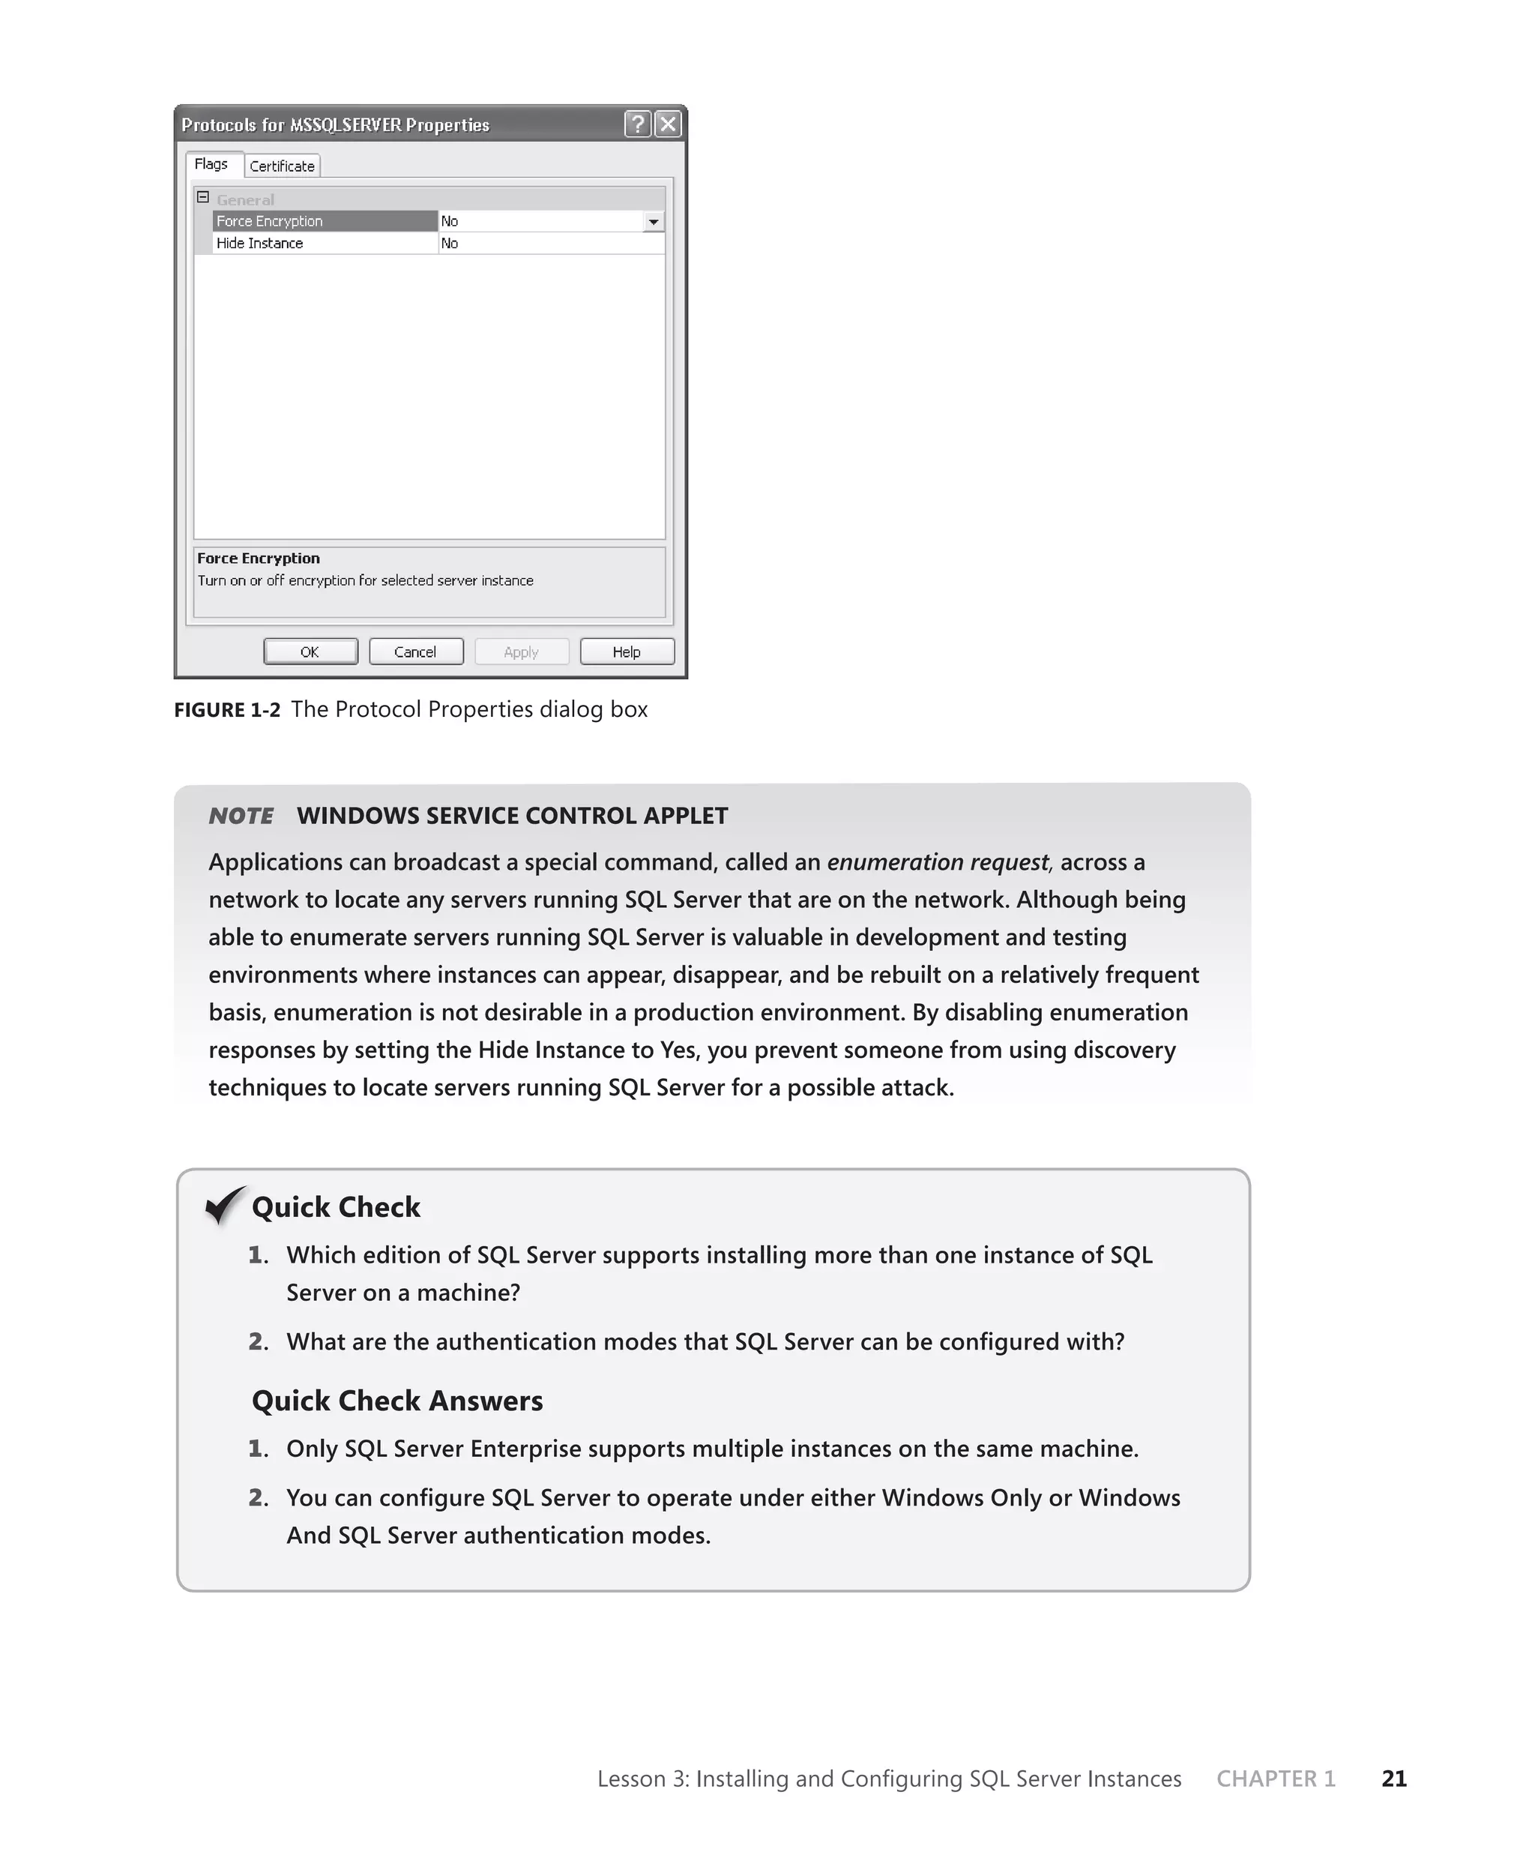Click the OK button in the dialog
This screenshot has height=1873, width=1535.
click(x=310, y=652)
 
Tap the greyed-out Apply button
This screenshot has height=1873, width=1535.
click(x=521, y=652)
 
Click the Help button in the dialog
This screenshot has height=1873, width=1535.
click(x=627, y=652)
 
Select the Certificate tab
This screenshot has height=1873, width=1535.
click(x=282, y=166)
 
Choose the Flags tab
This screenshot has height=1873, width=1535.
click(x=211, y=164)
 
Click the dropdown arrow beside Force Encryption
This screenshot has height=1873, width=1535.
click(x=654, y=222)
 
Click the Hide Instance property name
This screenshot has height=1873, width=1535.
click(x=260, y=243)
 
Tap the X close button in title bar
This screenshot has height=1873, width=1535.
click(x=669, y=124)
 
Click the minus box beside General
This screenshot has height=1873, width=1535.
click(x=202, y=198)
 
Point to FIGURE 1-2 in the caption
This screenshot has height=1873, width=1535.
click(x=227, y=710)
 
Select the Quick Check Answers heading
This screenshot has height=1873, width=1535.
click(x=397, y=1401)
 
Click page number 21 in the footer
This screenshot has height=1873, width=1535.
click(x=1393, y=1779)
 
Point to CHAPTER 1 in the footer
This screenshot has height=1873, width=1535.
click(x=1275, y=1779)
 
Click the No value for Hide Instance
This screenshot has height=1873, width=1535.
click(x=450, y=243)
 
